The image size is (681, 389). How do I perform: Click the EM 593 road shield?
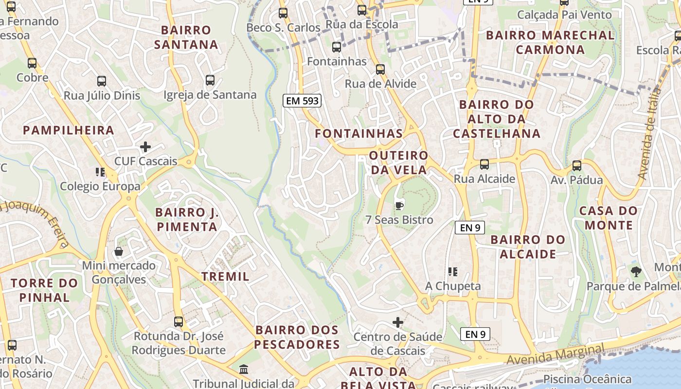pos(302,101)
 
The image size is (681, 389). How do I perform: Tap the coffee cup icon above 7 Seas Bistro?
pos(399,205)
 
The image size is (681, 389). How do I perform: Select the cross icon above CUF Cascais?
pos(145,146)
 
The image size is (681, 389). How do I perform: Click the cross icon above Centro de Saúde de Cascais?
pos(398,322)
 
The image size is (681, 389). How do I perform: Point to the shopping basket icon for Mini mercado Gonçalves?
pos(119,251)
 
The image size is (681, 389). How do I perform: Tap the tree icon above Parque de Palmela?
pos(636,272)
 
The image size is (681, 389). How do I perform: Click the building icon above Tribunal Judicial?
pos(244,369)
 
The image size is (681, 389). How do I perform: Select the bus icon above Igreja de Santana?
pos(210,80)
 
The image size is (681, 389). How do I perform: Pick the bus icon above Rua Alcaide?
pos(484,164)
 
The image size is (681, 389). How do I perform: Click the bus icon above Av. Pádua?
pos(576,166)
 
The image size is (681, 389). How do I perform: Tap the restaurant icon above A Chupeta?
pos(453,272)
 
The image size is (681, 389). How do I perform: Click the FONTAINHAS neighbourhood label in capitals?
pos(359,134)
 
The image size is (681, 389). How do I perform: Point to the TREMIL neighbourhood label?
pos(225,277)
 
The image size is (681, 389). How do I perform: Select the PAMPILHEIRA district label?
pos(69,130)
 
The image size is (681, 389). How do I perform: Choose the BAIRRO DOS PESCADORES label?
pos(297,337)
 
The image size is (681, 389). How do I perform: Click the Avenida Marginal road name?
pos(555,354)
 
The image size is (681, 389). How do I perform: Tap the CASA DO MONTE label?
pos(609,218)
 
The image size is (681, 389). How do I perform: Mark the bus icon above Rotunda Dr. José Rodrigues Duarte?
pos(179,321)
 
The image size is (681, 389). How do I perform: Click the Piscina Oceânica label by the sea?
pos(587,379)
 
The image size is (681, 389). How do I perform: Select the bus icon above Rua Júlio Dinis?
pos(102,81)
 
